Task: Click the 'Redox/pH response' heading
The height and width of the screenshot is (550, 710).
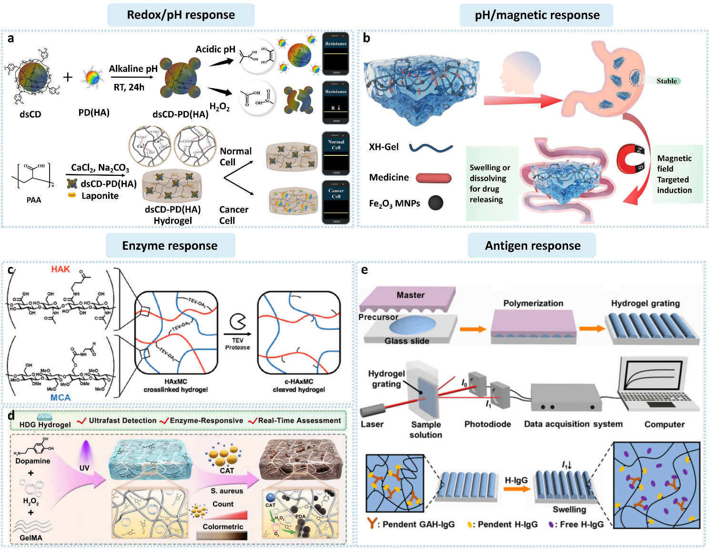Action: click(x=181, y=15)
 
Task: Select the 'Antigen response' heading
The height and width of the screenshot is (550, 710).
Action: click(x=532, y=245)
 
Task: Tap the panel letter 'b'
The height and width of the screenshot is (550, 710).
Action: click(x=366, y=38)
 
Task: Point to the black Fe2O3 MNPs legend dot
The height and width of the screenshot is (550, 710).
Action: click(x=436, y=203)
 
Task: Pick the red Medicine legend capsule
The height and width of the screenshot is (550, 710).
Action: click(x=434, y=178)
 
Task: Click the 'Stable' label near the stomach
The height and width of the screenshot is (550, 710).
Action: click(x=667, y=81)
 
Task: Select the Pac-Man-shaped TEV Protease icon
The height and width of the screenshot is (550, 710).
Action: click(x=237, y=321)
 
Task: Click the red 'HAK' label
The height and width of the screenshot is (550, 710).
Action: click(x=61, y=269)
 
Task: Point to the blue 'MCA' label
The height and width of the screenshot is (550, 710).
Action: click(x=61, y=397)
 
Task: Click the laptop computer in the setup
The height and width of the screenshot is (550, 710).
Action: click(x=658, y=387)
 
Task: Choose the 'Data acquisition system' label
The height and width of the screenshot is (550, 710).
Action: click(x=573, y=424)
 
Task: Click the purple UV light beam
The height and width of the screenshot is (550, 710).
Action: click(x=85, y=451)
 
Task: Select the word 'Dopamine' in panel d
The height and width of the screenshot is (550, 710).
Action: click(x=32, y=461)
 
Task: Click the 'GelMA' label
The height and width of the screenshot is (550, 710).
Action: click(x=31, y=538)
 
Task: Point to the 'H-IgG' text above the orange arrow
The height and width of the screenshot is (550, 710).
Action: click(x=516, y=480)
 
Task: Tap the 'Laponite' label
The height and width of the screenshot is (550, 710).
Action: click(x=100, y=196)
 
